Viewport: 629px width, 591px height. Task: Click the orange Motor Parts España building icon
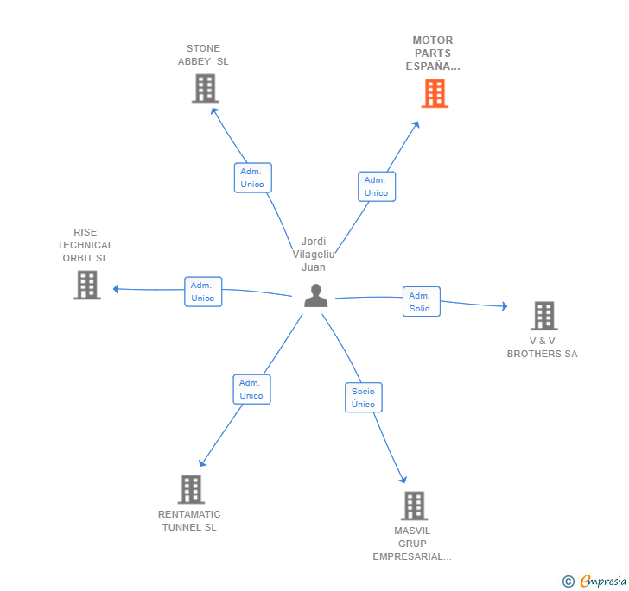coord(435,93)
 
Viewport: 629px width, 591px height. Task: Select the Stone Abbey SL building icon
coord(205,88)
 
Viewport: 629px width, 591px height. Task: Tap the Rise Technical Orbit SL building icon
coord(86,285)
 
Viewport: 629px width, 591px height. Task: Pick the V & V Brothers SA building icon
coord(543,316)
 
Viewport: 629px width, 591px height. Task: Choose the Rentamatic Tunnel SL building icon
coord(191,489)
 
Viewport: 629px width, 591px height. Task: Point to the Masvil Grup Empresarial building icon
coord(414,506)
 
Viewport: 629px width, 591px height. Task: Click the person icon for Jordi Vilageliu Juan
coord(316,296)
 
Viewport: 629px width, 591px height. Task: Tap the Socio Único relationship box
coord(364,398)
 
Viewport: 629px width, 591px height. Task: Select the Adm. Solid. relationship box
coord(421,302)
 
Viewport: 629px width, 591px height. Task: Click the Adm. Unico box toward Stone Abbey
coord(252,178)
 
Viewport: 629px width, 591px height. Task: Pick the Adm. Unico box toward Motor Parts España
coord(376,186)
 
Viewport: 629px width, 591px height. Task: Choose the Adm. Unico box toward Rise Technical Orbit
coord(203,292)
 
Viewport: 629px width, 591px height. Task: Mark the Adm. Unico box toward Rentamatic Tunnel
coord(251,389)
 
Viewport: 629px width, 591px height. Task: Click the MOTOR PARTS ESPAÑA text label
coord(433,53)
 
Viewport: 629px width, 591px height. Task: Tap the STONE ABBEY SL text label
coord(203,55)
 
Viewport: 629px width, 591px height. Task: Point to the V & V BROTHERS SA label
coord(542,347)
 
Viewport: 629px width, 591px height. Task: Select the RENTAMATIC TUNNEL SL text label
coord(189,520)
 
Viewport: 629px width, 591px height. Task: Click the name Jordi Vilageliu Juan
coord(314,254)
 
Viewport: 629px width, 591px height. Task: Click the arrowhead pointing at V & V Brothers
coord(505,306)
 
